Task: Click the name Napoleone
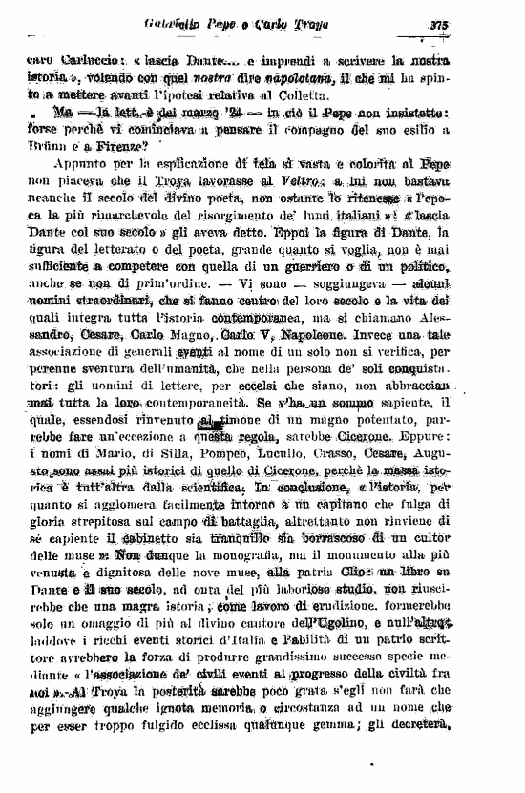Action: [x=288, y=336]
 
